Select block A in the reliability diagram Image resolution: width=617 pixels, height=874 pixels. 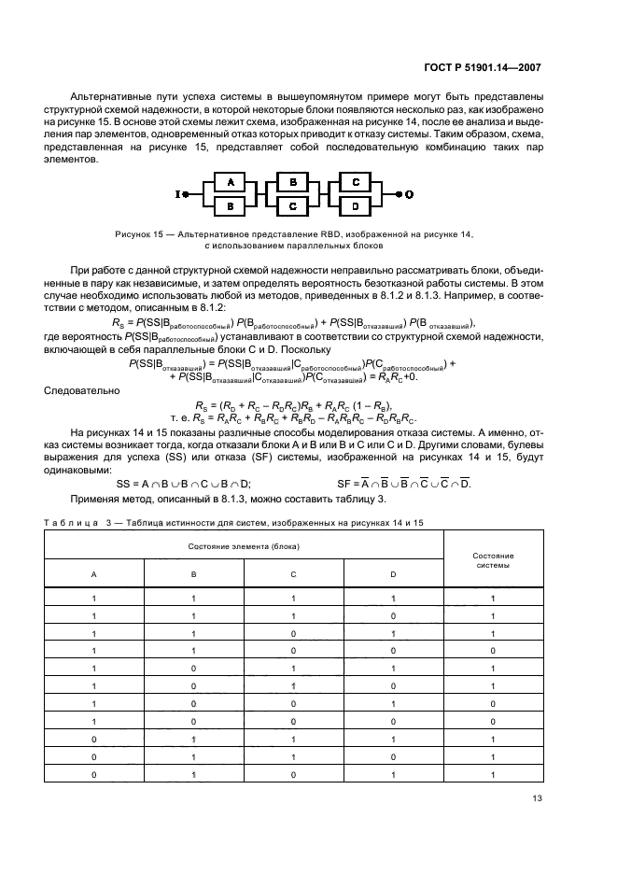[230, 183]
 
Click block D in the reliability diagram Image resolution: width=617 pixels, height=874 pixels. [356, 204]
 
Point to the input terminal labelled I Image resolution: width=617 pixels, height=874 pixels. [177, 194]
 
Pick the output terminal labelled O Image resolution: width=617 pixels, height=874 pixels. [408, 193]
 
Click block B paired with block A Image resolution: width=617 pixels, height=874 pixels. [230, 204]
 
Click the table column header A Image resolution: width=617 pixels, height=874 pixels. [93, 575]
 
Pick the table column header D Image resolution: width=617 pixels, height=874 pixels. [392, 575]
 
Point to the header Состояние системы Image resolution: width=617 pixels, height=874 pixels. [491, 560]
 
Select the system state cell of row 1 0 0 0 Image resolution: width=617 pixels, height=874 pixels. [492, 722]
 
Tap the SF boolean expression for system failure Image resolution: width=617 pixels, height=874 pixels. [403, 484]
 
